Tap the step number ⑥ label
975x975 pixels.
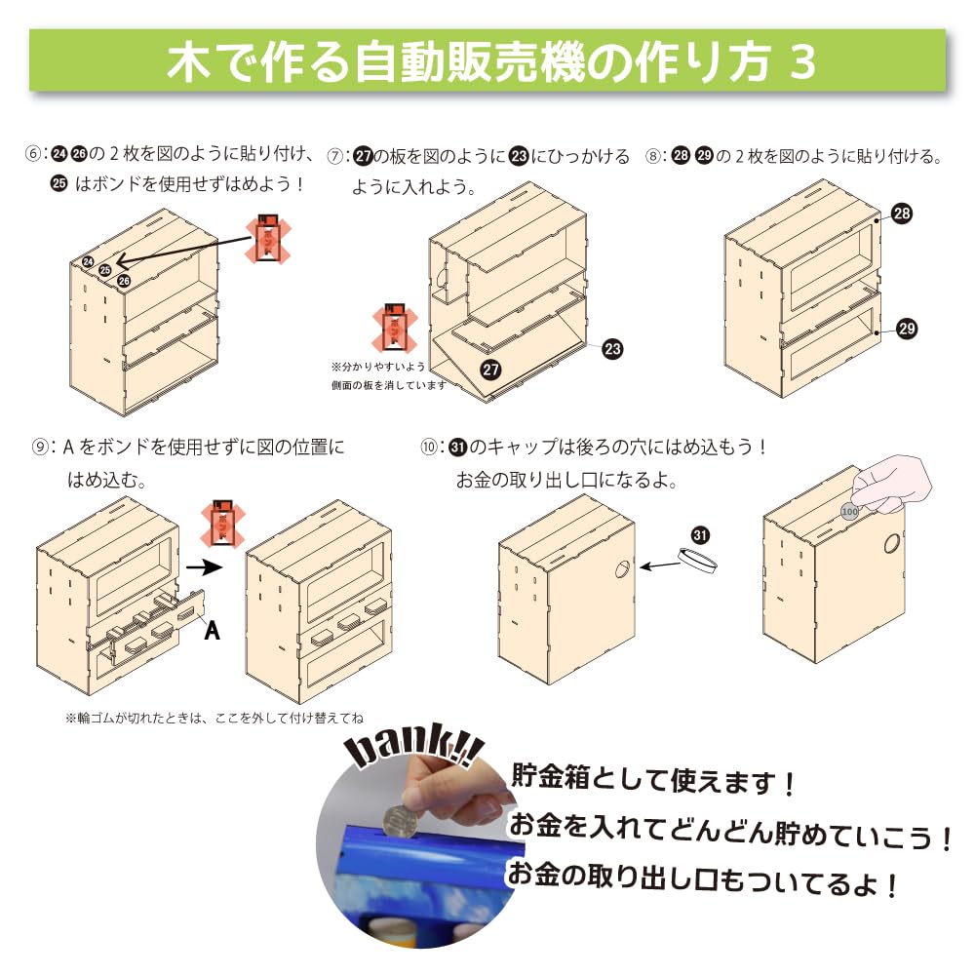tap(36, 155)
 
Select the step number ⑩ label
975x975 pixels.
tap(429, 448)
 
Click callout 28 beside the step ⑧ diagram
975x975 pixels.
tap(902, 214)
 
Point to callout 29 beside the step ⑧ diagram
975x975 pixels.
tap(907, 329)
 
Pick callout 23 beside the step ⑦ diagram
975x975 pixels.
tap(612, 348)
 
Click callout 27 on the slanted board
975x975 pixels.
tap(491, 369)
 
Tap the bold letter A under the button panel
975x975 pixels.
tap(213, 631)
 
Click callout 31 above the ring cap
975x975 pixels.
tap(700, 534)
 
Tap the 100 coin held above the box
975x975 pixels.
tap(850, 509)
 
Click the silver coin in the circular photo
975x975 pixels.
tap(397, 822)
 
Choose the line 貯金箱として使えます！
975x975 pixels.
tap(654, 780)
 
